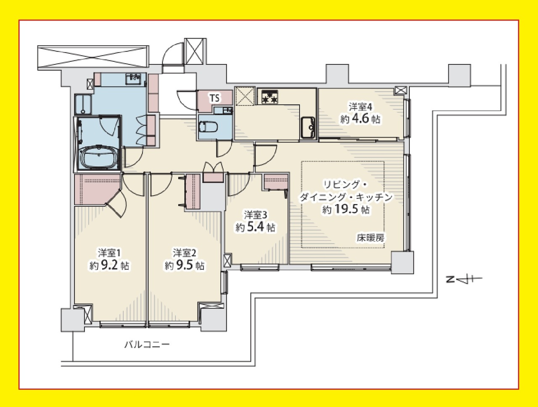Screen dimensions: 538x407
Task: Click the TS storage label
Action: (214, 98)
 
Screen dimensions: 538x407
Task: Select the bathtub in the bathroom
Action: (98, 157)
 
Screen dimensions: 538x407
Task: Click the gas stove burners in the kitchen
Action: (269, 97)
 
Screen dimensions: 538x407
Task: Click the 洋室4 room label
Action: (361, 107)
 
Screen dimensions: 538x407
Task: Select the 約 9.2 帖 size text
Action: (109, 265)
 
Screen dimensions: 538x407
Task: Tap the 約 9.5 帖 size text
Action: (185, 265)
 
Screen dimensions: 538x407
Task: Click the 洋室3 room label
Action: (255, 215)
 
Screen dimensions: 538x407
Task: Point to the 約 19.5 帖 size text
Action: (345, 209)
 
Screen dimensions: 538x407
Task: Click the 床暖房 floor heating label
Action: (370, 238)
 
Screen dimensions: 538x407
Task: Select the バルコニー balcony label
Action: (147, 345)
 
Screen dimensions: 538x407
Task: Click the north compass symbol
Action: (464, 279)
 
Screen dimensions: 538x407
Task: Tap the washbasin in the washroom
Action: (134, 78)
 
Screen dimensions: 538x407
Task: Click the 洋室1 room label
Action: (109, 253)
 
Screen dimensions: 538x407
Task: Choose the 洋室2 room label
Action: (185, 253)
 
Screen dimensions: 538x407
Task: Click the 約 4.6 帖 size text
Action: (360, 119)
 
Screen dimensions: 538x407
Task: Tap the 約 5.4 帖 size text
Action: (255, 228)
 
